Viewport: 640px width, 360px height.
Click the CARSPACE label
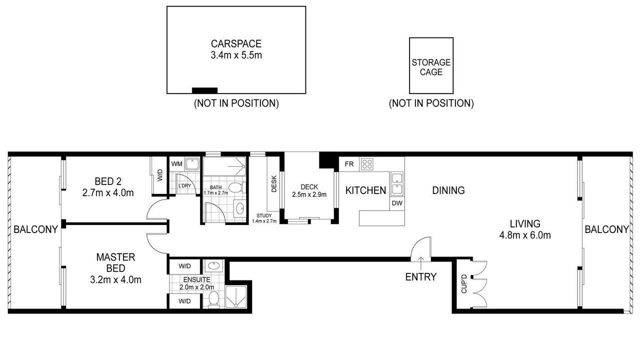click(x=236, y=43)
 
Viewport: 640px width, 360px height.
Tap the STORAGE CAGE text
click(x=431, y=67)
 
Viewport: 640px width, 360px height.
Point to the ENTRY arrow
click(x=421, y=263)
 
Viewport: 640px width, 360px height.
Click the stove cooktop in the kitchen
click(x=367, y=164)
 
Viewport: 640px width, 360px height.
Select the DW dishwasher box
click(x=397, y=203)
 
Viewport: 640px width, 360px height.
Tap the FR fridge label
click(x=349, y=164)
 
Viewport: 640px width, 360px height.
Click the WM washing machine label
click(x=176, y=164)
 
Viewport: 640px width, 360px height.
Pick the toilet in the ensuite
click(x=213, y=299)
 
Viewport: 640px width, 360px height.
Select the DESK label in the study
click(x=273, y=183)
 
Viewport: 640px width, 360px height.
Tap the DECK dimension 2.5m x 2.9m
click(x=309, y=194)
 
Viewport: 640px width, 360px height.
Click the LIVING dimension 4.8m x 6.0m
click(x=525, y=235)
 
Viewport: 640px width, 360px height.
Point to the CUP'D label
click(x=464, y=283)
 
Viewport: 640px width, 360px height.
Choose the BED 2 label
click(x=108, y=181)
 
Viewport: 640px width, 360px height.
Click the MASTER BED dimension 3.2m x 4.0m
click(x=115, y=279)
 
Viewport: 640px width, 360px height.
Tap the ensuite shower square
click(x=236, y=297)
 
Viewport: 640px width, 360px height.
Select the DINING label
click(x=448, y=190)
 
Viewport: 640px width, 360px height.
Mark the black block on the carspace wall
click(x=204, y=90)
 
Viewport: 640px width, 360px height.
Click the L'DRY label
click(x=184, y=185)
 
